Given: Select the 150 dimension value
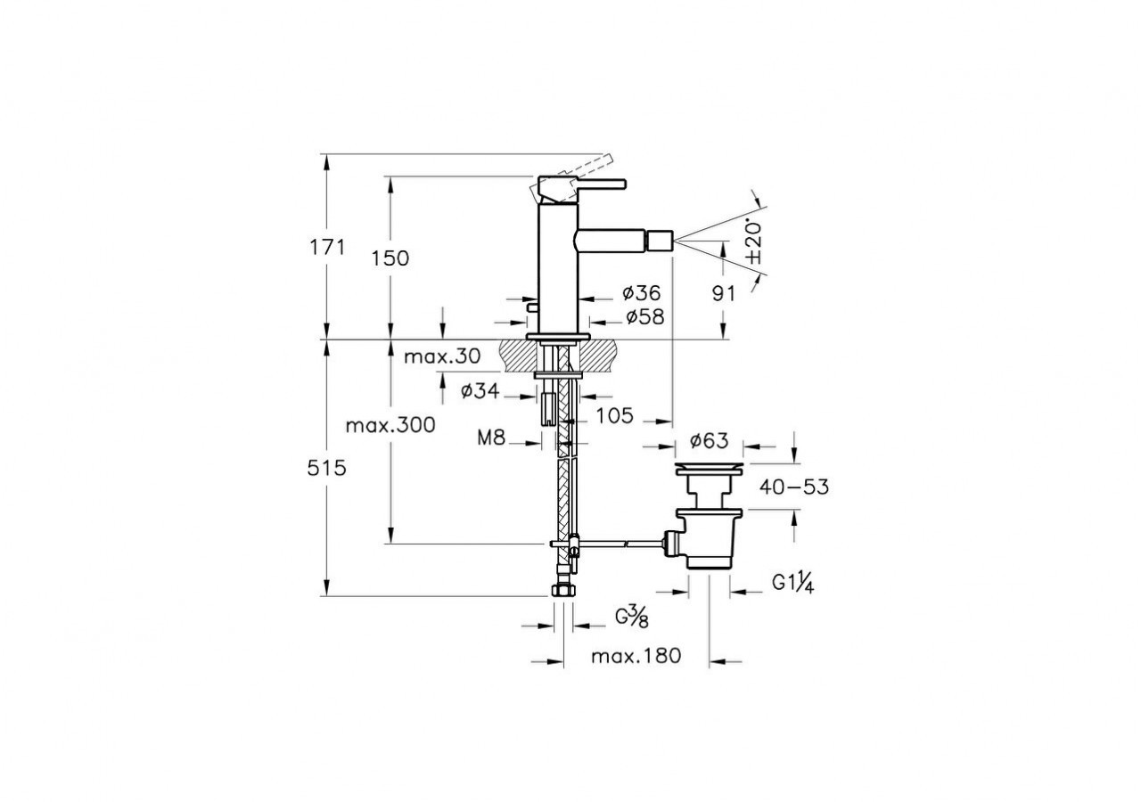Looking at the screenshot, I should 391,258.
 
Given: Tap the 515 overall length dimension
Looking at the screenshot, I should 328,467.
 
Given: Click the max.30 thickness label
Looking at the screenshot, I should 442,357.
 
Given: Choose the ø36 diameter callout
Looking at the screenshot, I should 642,292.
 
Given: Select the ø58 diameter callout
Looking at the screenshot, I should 644,316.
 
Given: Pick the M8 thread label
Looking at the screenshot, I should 491,438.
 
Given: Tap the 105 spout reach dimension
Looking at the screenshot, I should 615,415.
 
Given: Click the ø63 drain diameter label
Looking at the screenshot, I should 709,440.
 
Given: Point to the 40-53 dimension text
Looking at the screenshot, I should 793,487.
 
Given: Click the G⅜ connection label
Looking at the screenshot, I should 631,616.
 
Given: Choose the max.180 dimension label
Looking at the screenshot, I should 636,657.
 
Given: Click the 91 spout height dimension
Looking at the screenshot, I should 723,292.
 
